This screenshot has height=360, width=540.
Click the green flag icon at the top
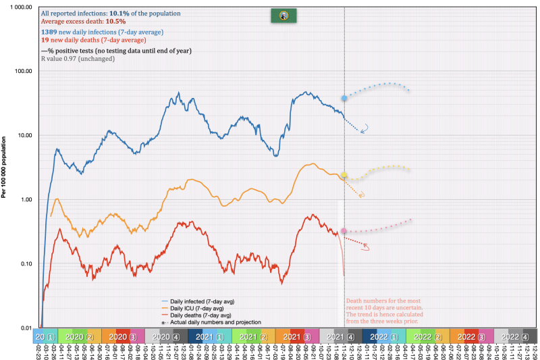click(279, 15)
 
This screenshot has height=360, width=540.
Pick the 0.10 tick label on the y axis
click(25, 264)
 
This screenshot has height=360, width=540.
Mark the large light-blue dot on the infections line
click(344, 99)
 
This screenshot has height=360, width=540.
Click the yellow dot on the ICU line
click(344, 176)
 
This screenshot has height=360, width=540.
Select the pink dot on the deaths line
click(344, 231)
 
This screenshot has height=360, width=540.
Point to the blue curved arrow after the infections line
click(367, 128)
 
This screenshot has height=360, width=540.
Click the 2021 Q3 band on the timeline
click(298, 336)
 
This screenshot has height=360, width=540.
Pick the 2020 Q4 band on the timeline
click(165, 336)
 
